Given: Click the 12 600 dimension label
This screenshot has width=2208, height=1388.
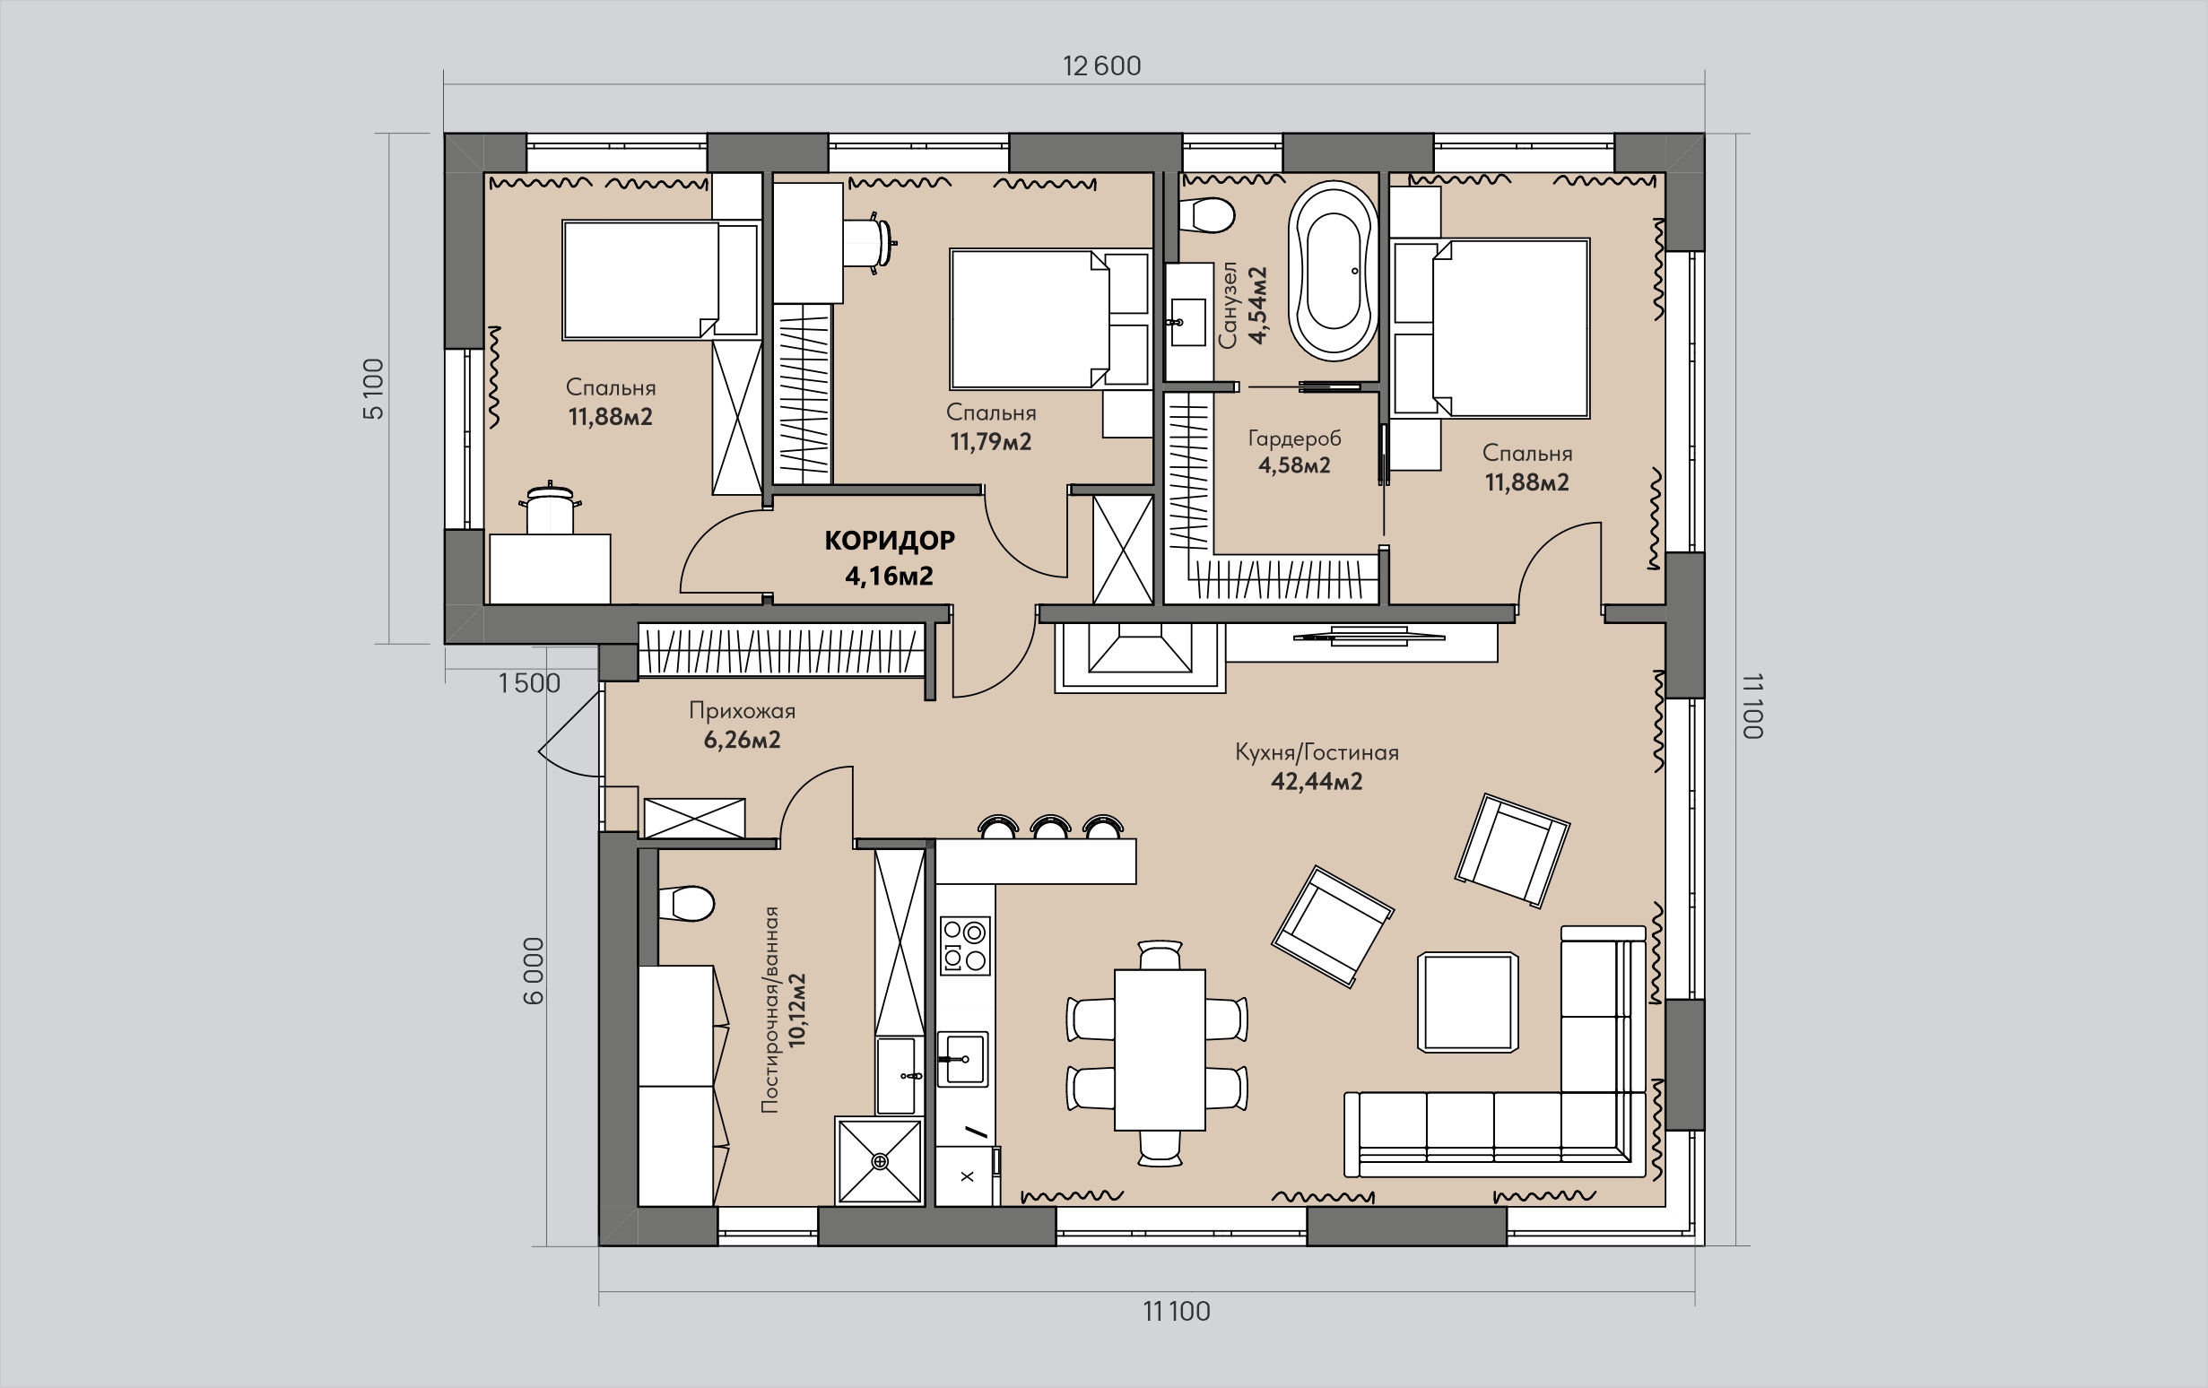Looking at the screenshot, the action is click(1101, 66).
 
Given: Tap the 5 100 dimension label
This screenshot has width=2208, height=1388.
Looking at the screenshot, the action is click(373, 389).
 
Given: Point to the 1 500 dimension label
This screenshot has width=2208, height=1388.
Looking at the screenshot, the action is click(529, 683).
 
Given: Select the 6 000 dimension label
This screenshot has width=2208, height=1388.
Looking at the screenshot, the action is click(533, 971).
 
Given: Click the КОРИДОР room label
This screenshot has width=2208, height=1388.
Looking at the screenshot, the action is click(890, 541).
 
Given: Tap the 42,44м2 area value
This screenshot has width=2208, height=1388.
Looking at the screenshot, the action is click(1317, 782).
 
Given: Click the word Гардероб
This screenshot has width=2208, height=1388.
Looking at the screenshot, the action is click(1294, 438).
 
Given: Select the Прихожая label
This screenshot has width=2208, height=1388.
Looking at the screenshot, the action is click(742, 710).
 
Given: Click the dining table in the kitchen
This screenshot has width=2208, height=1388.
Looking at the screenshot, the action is click(1160, 1051).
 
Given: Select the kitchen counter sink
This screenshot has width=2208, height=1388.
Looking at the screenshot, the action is click(962, 1060).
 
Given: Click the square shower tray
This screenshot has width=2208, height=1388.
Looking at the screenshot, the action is click(881, 1160).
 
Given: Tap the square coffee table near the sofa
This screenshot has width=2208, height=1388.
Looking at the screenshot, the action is click(1467, 1002).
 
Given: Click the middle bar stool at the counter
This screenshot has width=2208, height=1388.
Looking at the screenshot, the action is click(1051, 826).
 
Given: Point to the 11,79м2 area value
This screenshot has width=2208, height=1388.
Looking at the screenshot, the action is click(990, 442).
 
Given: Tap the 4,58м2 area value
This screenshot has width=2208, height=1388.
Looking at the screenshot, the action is click(1294, 465).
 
